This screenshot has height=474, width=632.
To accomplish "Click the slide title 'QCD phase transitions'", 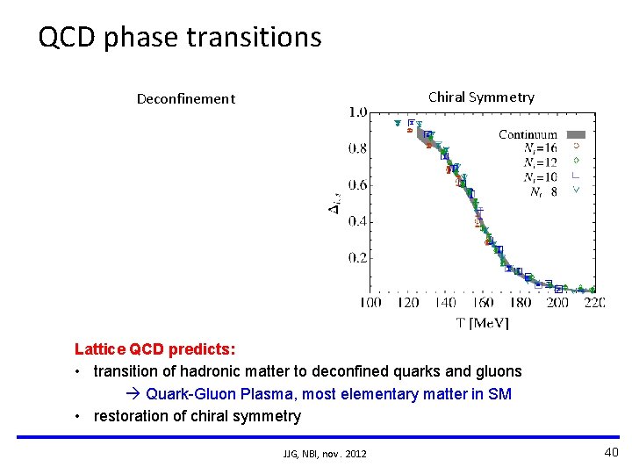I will [180, 37].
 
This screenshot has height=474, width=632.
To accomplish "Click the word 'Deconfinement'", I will [185, 98].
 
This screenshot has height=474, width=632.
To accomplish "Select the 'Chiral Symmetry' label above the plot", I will [480, 97].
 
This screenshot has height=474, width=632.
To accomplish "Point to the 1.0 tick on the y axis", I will [357, 112].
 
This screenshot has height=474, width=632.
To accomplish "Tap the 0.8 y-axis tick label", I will [357, 148].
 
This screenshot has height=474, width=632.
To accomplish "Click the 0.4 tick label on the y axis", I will [357, 221].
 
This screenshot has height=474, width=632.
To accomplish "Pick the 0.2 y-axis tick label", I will [357, 258].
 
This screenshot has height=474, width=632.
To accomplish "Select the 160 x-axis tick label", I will [482, 303].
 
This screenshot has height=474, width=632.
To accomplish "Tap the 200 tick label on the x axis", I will [557, 303].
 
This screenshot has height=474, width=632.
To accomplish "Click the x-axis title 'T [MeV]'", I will [482, 322].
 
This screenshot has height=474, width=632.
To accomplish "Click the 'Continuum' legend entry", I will [528, 134].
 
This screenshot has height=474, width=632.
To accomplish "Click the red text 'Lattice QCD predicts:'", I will [154, 348].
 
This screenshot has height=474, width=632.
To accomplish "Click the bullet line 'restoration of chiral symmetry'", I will [197, 416].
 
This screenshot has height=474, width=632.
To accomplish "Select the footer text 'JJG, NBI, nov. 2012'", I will [325, 453].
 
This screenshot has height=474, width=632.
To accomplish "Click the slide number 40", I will [611, 451].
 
